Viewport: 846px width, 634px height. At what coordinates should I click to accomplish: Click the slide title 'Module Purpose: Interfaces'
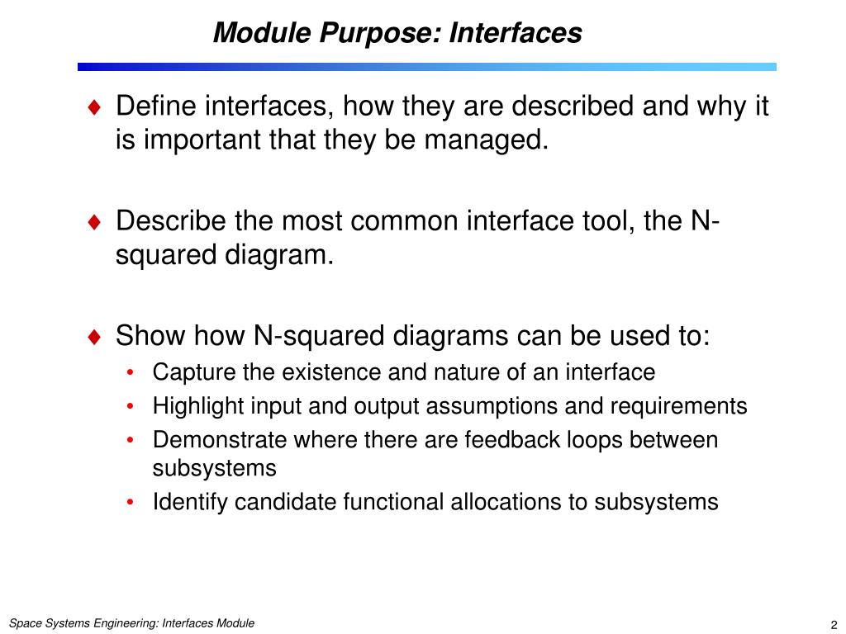coord(397,33)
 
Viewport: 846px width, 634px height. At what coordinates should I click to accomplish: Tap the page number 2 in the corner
coord(834,624)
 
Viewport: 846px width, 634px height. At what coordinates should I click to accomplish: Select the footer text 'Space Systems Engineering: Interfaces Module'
coord(131,623)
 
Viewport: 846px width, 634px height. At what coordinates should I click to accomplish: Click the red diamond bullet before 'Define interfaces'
coord(95,106)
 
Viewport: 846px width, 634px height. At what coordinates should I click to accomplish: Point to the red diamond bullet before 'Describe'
coord(95,222)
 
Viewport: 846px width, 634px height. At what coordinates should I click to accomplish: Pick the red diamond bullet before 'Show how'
coord(95,337)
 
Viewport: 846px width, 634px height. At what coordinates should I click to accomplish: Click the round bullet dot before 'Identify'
coord(132,503)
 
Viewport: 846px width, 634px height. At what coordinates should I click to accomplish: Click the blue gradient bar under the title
coord(427,67)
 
